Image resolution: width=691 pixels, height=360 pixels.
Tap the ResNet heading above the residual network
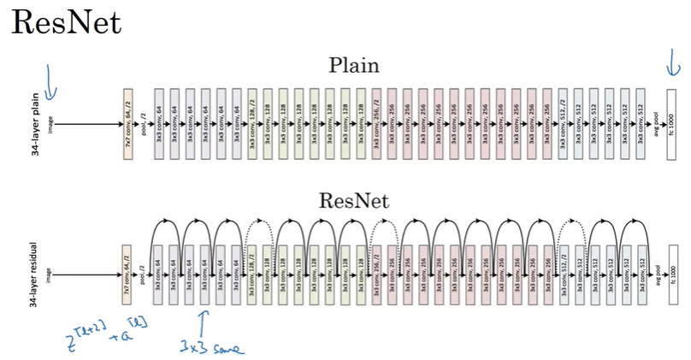pyautogui.click(x=354, y=202)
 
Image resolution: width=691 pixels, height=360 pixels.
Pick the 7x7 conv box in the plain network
pyautogui.click(x=128, y=123)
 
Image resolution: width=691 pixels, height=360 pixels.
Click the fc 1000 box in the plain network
pyautogui.click(x=671, y=123)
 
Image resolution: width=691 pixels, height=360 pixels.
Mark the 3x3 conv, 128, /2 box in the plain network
pyautogui.click(x=252, y=123)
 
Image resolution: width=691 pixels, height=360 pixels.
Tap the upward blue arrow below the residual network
pyautogui.click(x=203, y=323)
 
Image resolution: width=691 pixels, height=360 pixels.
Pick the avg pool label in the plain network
pyautogui.click(x=656, y=123)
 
